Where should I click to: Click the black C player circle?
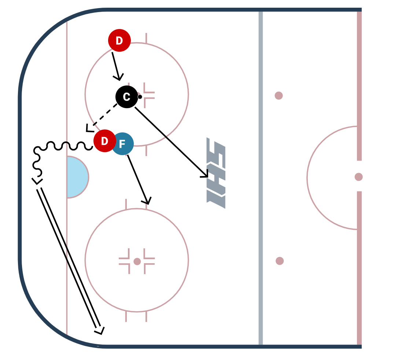(126, 97)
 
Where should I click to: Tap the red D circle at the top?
(119, 40)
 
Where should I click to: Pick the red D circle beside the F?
(104, 141)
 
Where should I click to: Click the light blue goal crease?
(77, 177)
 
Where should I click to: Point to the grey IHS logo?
(216, 173)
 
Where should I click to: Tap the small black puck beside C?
(140, 97)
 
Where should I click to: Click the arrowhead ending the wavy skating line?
(37, 181)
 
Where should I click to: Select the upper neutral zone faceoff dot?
(279, 96)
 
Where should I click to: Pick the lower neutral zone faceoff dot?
(280, 261)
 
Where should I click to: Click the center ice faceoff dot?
(358, 177)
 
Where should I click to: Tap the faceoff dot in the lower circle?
(137, 261)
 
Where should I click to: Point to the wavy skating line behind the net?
(62, 146)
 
